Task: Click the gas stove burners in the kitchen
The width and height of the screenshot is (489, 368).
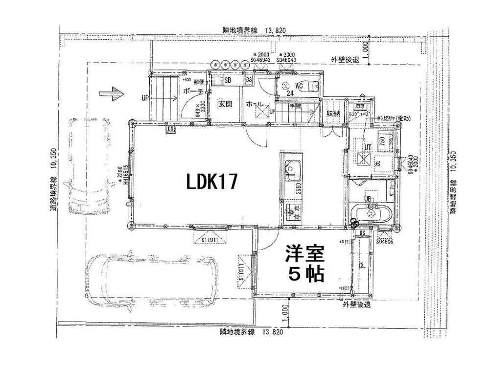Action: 293,212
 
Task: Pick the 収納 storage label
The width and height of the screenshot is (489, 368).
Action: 334,114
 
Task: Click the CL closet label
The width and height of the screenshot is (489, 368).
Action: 362,266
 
